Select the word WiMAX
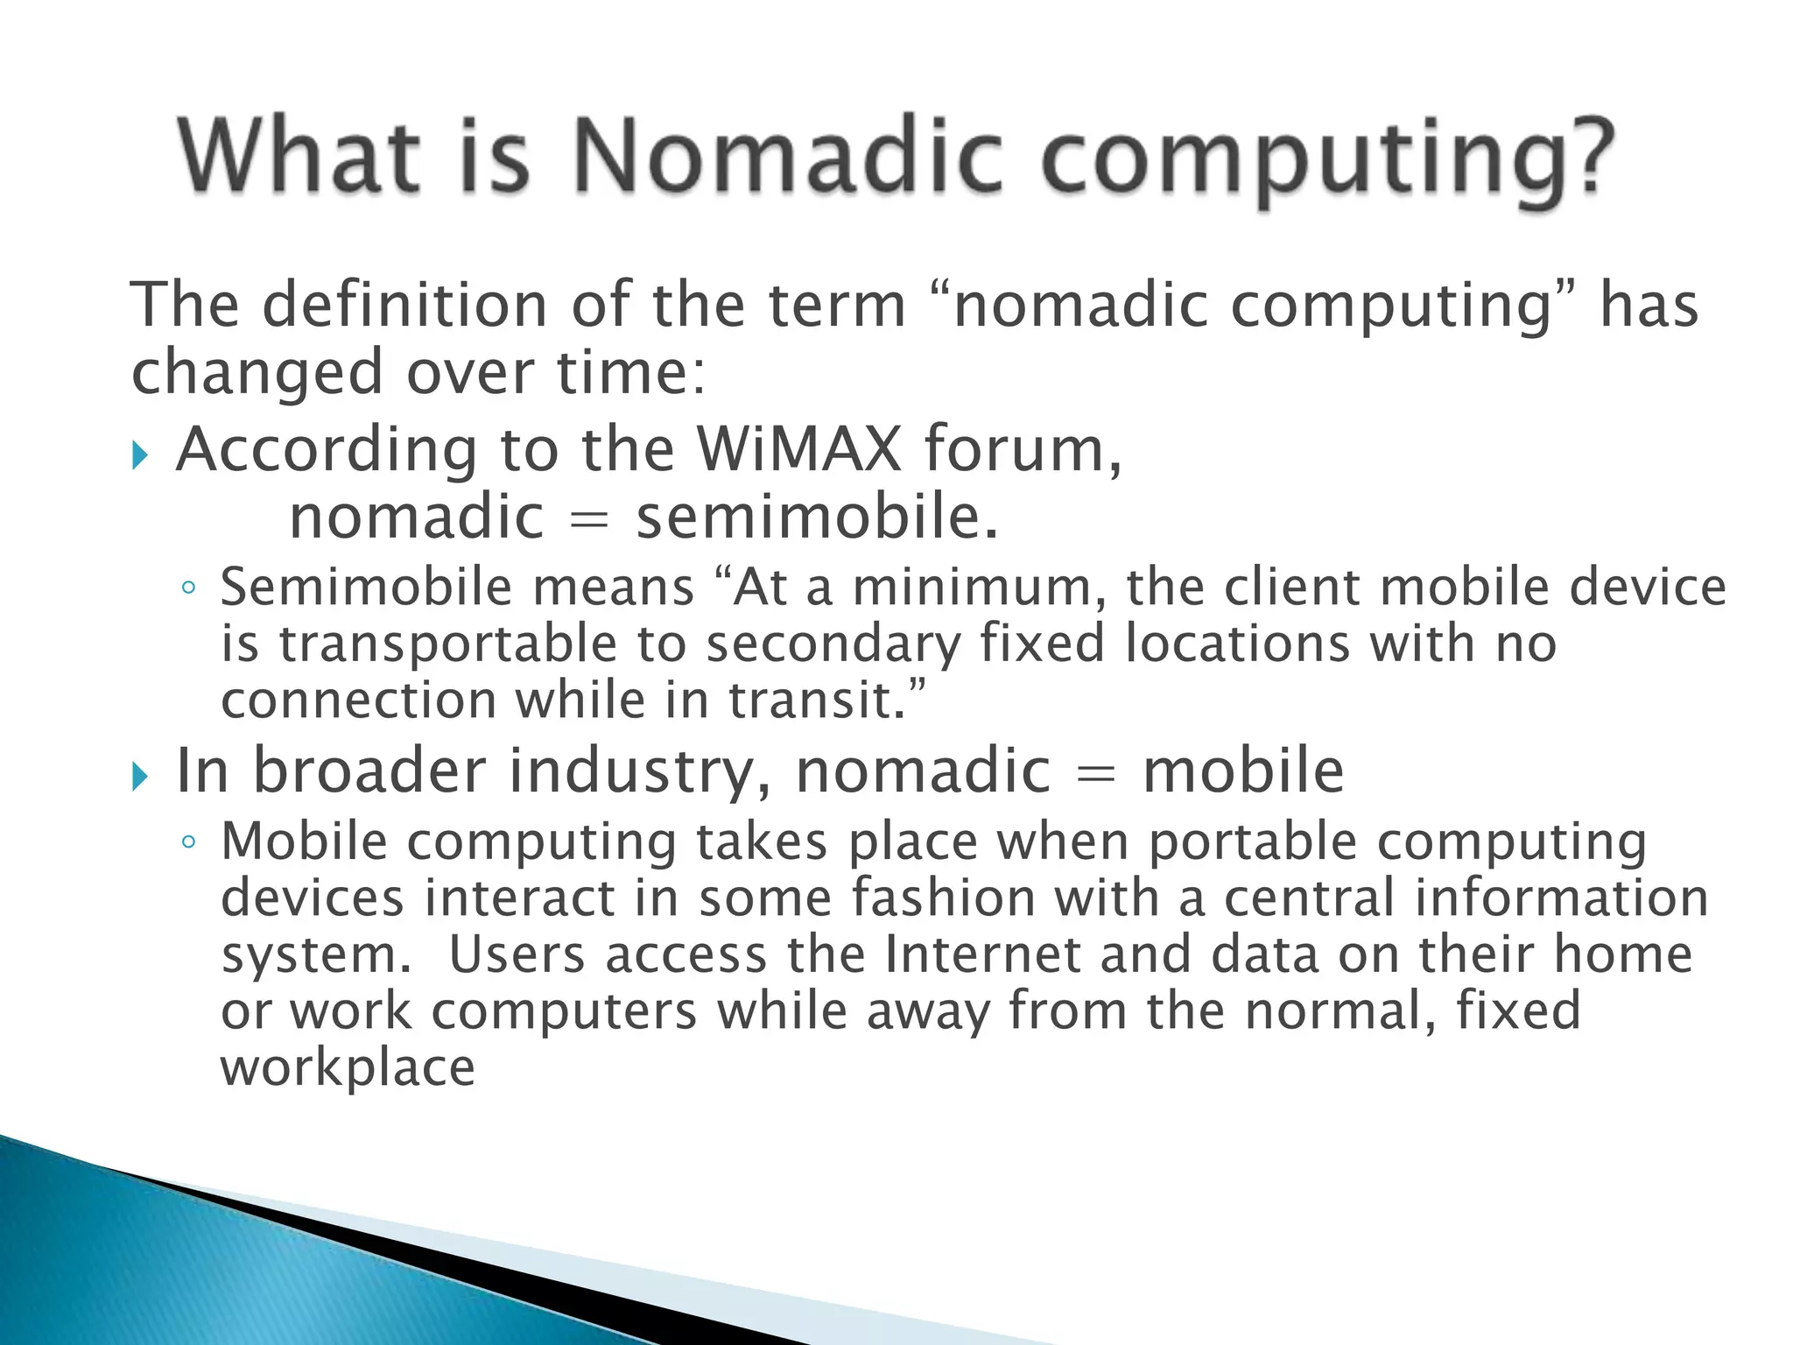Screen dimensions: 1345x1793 point(798,449)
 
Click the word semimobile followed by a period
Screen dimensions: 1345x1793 point(816,518)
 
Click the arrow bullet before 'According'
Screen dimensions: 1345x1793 point(140,455)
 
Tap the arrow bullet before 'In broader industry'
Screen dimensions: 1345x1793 point(140,777)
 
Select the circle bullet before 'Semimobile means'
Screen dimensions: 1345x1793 point(188,588)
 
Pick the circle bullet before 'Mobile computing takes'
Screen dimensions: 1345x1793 point(188,843)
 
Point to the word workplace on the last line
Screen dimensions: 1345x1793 point(348,1068)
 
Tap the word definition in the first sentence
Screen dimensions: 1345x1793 point(404,306)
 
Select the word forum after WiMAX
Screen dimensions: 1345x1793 point(1022,449)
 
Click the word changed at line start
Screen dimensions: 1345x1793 point(257,372)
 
